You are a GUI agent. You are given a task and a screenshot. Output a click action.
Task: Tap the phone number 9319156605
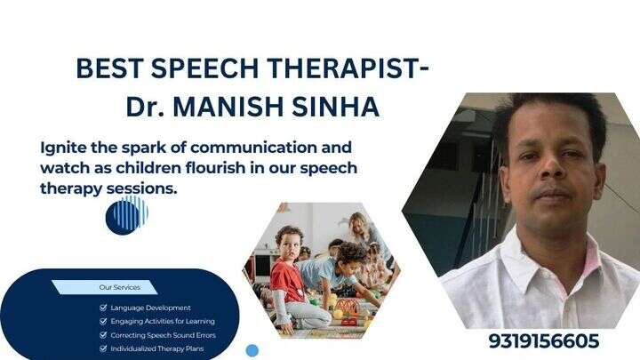pos(543,341)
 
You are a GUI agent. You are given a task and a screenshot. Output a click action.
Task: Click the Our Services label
pos(116,287)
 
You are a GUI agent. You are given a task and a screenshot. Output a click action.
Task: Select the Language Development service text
pos(150,308)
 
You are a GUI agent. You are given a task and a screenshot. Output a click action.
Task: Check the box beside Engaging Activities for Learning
pos(104,321)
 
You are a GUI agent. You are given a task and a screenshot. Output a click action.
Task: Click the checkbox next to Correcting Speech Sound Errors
pos(104,335)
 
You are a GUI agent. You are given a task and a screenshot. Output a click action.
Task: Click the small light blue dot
pos(252,350)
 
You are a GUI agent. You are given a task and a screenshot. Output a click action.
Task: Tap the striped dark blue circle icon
pos(126,215)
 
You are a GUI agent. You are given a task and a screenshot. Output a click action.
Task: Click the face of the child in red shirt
pos(287,244)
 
